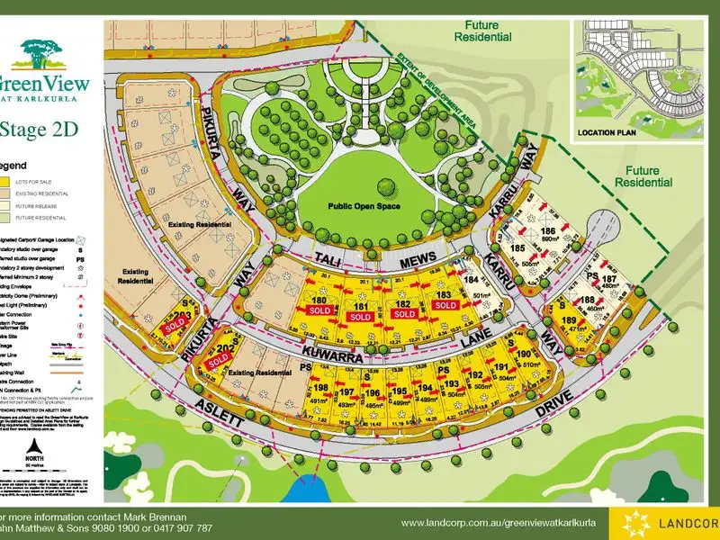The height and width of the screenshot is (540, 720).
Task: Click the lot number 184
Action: pyautogui.click(x=471, y=280)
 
